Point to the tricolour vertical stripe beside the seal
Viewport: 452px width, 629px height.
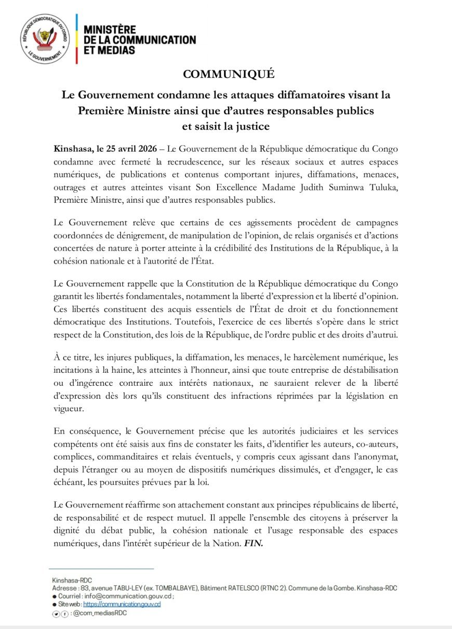point(77,39)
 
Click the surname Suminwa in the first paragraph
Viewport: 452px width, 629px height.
point(348,187)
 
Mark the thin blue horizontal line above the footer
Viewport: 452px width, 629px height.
point(102,569)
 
